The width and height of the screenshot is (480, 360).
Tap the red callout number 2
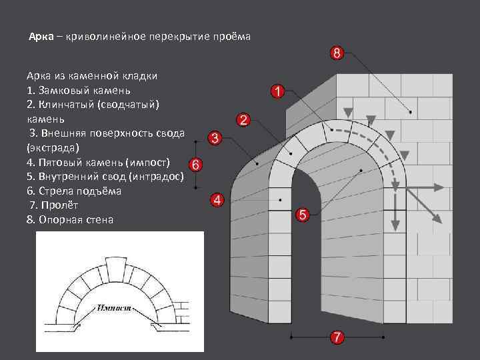243,120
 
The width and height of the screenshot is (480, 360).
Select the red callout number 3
215,138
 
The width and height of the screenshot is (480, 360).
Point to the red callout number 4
217,200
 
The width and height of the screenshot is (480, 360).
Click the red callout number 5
302,215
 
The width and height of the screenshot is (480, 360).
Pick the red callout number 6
195,164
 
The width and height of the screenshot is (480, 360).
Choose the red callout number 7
337,337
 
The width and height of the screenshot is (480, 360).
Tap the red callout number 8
337,53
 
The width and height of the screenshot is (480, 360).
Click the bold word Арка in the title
41,37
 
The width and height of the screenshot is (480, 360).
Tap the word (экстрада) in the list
53,147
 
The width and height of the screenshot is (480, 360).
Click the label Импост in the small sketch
114,309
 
